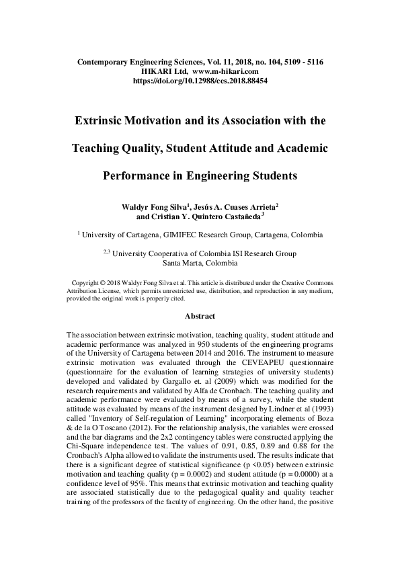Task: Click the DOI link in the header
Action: (200, 80)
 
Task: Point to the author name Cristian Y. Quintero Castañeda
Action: (211, 217)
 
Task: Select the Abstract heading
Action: (200, 316)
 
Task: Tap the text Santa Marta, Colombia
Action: (200, 264)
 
